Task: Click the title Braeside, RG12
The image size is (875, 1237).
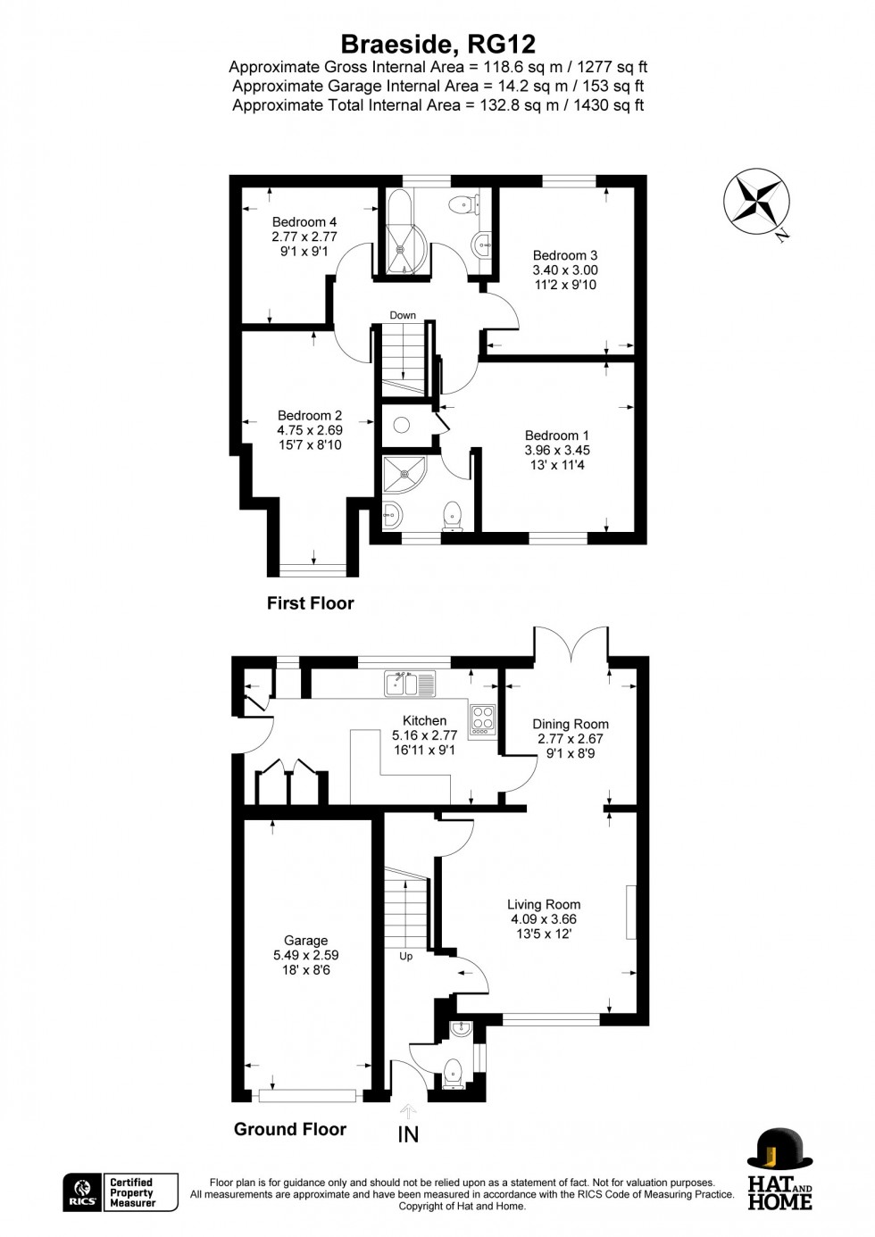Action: (437, 44)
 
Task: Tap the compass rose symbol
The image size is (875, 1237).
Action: (755, 203)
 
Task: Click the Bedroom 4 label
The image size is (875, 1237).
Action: (304, 222)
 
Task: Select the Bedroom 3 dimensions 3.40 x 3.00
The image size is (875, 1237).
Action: (565, 270)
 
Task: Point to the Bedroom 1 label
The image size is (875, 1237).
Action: (557, 436)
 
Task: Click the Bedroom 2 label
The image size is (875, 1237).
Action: (310, 416)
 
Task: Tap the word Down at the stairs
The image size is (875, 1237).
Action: (403, 315)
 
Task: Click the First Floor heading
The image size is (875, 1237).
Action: (310, 603)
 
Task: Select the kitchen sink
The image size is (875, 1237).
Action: (410, 684)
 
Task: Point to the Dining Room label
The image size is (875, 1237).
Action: (571, 725)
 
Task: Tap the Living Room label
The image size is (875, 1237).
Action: (544, 905)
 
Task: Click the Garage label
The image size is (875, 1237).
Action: (305, 941)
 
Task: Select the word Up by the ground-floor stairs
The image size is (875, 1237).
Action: (405, 956)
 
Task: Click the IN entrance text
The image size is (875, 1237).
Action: (408, 1134)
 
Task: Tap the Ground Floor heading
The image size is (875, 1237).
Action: (290, 1129)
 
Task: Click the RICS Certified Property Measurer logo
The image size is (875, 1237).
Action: (121, 1192)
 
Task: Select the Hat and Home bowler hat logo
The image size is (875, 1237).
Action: (779, 1150)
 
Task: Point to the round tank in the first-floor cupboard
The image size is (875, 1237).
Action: (402, 426)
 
